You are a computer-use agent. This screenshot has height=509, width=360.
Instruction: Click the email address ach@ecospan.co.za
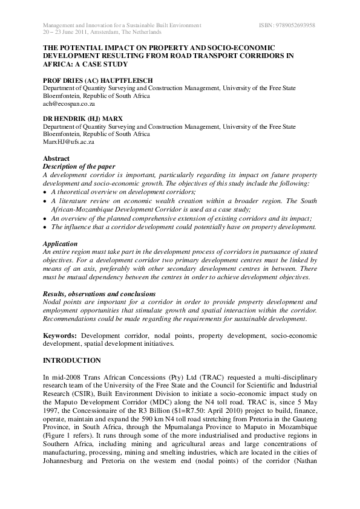point(68,104)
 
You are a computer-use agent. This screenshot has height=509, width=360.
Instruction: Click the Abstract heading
point(56,159)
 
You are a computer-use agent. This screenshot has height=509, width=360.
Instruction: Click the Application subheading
point(59,243)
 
